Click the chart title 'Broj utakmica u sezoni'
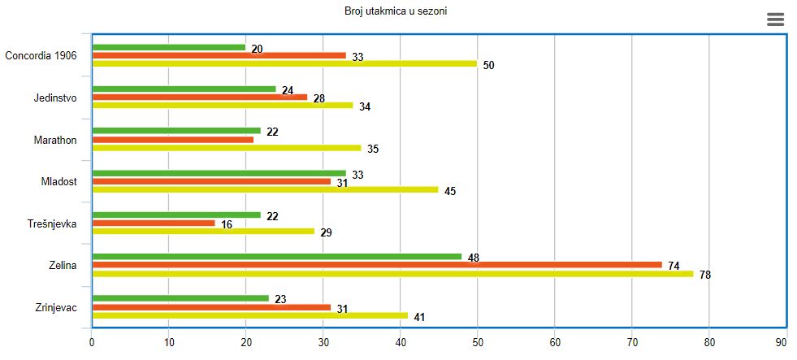coord(396,11)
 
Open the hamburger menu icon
coord(775,20)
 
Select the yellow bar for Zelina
coord(392,274)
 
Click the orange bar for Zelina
coord(377,265)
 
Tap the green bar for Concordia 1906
coord(169,47)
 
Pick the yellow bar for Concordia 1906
coord(284,63)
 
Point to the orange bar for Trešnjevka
coord(154,223)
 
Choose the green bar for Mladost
coord(219,173)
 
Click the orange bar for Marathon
coord(173,140)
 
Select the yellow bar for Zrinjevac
coord(250,315)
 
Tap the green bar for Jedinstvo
coord(184,89)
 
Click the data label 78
coord(705,275)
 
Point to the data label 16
coord(227,223)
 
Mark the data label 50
coord(488,65)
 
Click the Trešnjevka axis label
coord(52,223)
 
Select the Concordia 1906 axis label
coord(41,56)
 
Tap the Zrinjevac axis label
coord(56,307)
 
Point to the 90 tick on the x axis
coord(781,342)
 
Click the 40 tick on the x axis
coord(400,342)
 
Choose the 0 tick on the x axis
coord(92,342)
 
